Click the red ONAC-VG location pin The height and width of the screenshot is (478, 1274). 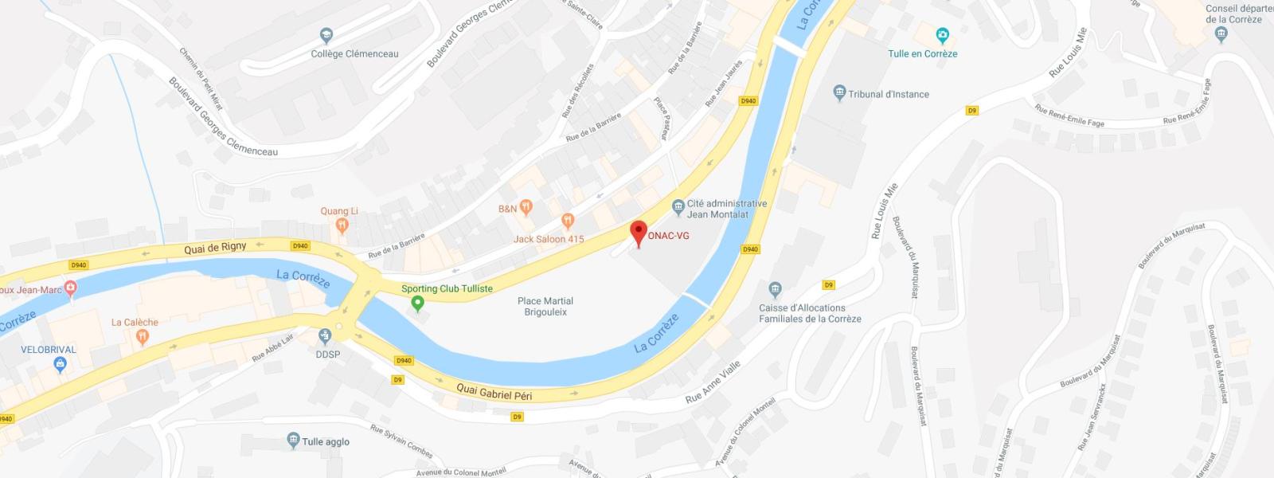[639, 232]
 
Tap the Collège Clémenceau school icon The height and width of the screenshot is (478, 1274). [326, 36]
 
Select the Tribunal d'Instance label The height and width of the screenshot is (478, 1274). [889, 94]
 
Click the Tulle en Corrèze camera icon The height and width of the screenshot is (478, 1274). [943, 36]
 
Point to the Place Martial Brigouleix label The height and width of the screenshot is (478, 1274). [545, 307]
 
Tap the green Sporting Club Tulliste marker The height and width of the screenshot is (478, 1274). [416, 304]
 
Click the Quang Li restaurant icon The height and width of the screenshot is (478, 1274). [342, 225]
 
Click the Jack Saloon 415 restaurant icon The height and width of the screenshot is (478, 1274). [568, 221]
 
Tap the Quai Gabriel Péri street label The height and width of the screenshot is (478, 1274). [494, 392]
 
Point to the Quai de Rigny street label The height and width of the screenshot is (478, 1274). [215, 249]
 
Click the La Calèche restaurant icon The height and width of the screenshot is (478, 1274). [143, 337]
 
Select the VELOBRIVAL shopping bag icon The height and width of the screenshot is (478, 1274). [59, 365]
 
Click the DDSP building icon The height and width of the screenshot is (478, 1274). [325, 337]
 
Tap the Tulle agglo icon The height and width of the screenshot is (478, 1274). [293, 441]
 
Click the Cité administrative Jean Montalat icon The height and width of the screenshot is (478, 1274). [678, 208]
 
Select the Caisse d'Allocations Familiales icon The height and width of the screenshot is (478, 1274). [775, 289]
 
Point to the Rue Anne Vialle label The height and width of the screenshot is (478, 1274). [713, 382]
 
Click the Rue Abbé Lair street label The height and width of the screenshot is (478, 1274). [273, 347]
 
